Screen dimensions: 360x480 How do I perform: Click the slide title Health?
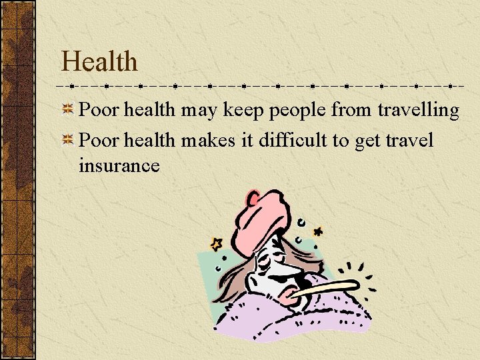pyautogui.click(x=99, y=62)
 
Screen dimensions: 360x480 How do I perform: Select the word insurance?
pyautogui.click(x=119, y=165)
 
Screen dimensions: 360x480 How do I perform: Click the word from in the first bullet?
pyautogui.click(x=353, y=110)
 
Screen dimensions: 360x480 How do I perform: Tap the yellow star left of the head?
pyautogui.click(x=216, y=244)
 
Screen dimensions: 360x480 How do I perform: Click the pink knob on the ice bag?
pyautogui.click(x=253, y=197)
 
